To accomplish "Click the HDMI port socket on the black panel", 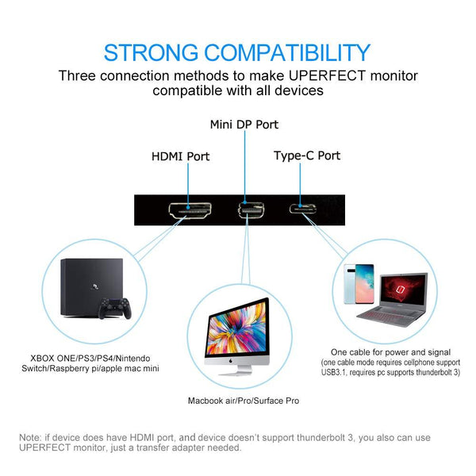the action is pyautogui.click(x=190, y=210).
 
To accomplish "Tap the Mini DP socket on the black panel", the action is pyautogui.click(x=251, y=209).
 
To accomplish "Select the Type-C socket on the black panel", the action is pyautogui.click(x=303, y=209).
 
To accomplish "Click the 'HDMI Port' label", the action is pyautogui.click(x=181, y=156).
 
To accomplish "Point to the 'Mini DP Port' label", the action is pyautogui.click(x=244, y=125).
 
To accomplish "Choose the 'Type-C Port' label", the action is pyautogui.click(x=307, y=155).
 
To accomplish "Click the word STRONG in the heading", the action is pyautogui.click(x=151, y=53).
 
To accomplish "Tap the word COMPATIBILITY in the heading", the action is pyautogui.click(x=287, y=53).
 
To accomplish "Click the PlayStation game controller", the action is pyautogui.click(x=115, y=309).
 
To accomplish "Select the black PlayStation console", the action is pyautogui.click(x=91, y=287).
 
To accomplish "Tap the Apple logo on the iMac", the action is pyautogui.click(x=231, y=361).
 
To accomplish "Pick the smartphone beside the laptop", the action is pyautogui.click(x=359, y=284).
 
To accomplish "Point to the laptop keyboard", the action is pyautogui.click(x=389, y=318).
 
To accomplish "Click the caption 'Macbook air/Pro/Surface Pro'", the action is pyautogui.click(x=244, y=401).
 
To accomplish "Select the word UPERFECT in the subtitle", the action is pyautogui.click(x=327, y=76).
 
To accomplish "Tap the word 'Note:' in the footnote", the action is pyautogui.click(x=30, y=438).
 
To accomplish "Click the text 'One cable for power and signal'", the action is pyautogui.click(x=390, y=352).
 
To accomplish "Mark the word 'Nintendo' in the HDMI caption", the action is pyautogui.click(x=132, y=359).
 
